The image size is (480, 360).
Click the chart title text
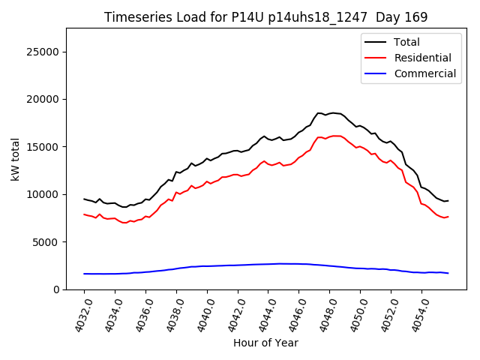pyautogui.click(x=265, y=17)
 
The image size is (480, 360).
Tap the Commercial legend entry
pyautogui.click(x=424, y=73)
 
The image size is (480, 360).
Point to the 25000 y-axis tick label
pyautogui.click(x=44, y=52)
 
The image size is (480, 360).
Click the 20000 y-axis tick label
pyautogui.click(x=44, y=99)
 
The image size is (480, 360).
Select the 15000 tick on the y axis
pyautogui.click(x=44, y=147)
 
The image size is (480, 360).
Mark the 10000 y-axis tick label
pyautogui.click(x=44, y=194)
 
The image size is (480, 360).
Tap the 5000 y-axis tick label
pyautogui.click(x=47, y=241)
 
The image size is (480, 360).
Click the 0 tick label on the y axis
pyautogui.click(x=56, y=289)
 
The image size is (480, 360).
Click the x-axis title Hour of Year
pyautogui.click(x=265, y=343)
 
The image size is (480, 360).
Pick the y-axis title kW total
pyautogui.click(x=15, y=159)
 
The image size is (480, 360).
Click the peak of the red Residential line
pyautogui.click(x=335, y=136)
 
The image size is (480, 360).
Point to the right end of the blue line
pyautogui.click(x=448, y=273)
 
